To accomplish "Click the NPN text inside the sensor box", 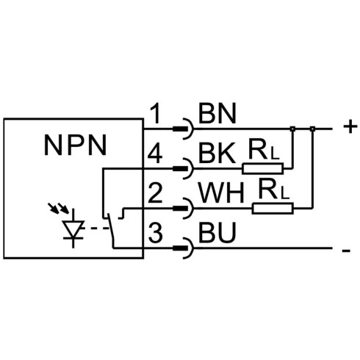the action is [75, 145].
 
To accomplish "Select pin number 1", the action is [156, 114].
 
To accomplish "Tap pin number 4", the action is [155, 154].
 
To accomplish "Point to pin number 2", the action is [155, 193].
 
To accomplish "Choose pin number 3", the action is [155, 232].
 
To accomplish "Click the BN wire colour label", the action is [217, 113].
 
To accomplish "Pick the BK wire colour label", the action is [217, 154].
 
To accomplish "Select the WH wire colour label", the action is [222, 192].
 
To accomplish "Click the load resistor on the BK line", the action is [262, 168].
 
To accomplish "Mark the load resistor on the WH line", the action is [273, 209].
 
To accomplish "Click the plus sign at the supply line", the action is [350, 127].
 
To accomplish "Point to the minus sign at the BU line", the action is [346, 251].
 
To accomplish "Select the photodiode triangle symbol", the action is [73, 228].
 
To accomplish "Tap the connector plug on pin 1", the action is [184, 129].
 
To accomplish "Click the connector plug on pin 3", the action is [184, 248].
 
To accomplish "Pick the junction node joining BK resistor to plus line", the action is [292, 129].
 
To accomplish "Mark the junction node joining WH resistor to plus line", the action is [312, 129].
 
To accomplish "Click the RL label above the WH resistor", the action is [273, 189].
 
